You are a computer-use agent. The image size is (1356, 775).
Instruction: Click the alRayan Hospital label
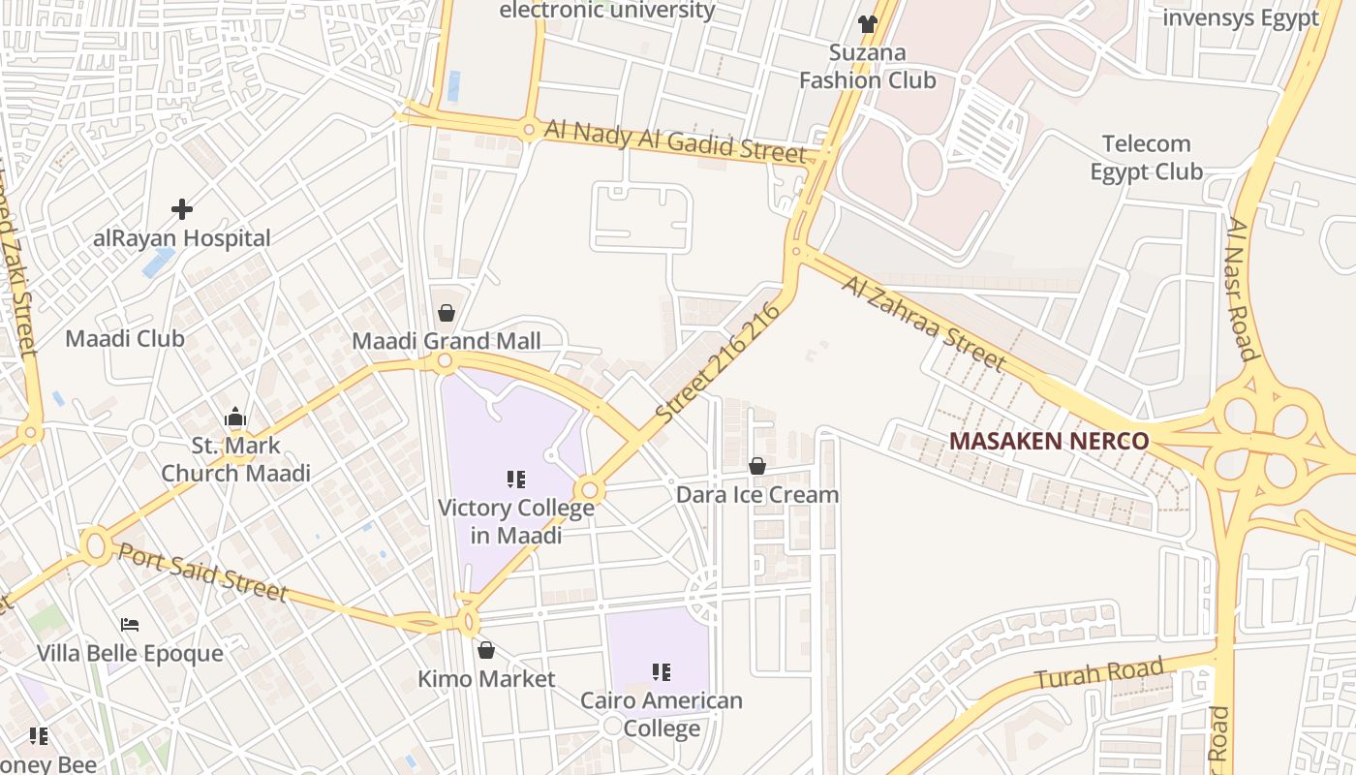click(182, 238)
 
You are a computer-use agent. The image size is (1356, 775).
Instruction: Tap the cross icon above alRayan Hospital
click(182, 208)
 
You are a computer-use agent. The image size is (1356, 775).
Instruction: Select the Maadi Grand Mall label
click(447, 341)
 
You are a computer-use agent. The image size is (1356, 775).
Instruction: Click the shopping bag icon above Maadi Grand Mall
click(447, 313)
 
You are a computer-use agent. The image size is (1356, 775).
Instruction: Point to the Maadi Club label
click(125, 339)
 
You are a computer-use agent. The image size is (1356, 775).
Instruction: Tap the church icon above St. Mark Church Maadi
click(235, 418)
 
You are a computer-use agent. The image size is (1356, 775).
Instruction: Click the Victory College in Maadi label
click(516, 521)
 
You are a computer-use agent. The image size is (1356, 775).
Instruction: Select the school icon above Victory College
click(516, 479)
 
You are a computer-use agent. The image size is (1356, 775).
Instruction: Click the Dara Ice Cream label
click(757, 495)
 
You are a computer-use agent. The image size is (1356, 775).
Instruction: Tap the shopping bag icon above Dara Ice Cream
click(757, 467)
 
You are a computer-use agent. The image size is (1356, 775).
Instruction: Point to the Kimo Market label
click(486, 679)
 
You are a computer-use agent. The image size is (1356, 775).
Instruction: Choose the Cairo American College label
click(662, 714)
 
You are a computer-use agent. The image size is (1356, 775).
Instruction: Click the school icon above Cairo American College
click(662, 671)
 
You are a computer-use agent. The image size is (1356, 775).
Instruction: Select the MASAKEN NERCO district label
click(1049, 442)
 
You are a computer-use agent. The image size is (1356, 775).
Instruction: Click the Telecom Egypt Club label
click(1147, 158)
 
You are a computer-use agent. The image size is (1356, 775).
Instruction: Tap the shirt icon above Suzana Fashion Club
click(867, 23)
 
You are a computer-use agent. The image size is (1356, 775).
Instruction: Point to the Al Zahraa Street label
click(923, 324)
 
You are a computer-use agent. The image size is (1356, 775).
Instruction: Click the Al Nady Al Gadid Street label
click(675, 141)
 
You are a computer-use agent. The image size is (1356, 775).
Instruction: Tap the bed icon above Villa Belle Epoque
click(130, 625)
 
